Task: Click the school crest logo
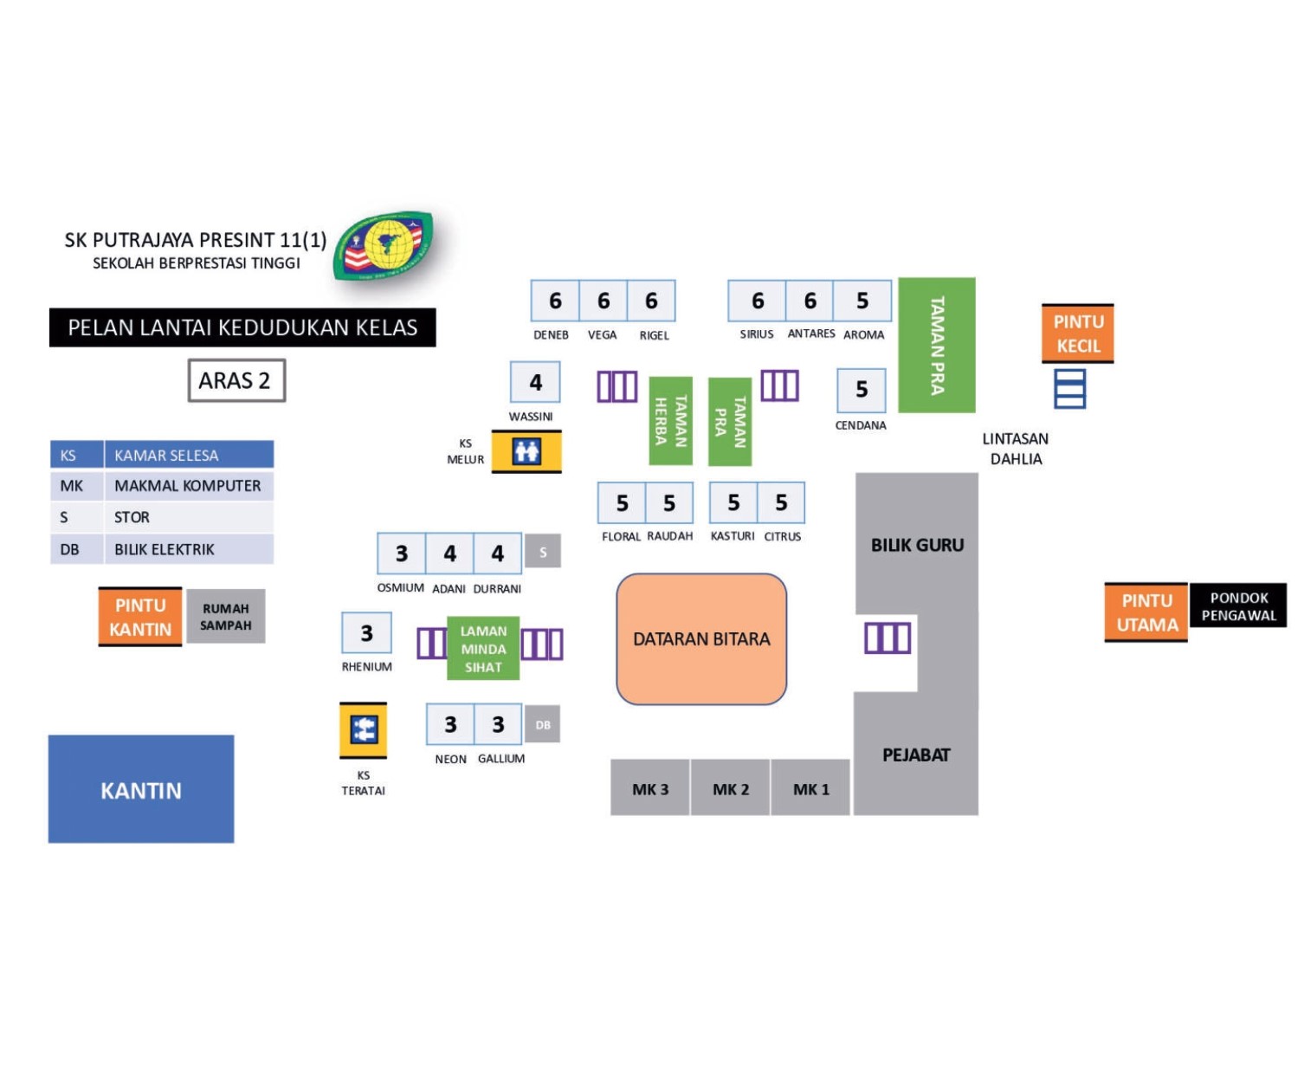coord(384,245)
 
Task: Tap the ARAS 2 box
coord(236,380)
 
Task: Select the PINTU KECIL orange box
coord(1077,334)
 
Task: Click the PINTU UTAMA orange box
coord(1146,612)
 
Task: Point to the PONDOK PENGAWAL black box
coord(1238,606)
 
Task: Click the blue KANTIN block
coord(141,789)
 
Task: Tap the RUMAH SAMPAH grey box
coord(226,617)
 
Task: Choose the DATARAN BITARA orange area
coord(701,639)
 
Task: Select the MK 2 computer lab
coord(730,788)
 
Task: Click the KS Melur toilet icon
coord(526,451)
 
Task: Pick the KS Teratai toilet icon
coord(364,730)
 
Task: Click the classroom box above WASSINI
coord(535,382)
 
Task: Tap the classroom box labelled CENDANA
coord(862,390)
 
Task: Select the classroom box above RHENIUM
coord(366,633)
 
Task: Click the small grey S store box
coord(543,552)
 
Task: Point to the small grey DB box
coord(543,725)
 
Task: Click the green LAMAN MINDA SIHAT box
coord(483,649)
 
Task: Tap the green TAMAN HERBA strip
coord(671,421)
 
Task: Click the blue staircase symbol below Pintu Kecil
coord(1069,388)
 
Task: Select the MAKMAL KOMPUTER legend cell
coord(188,486)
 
